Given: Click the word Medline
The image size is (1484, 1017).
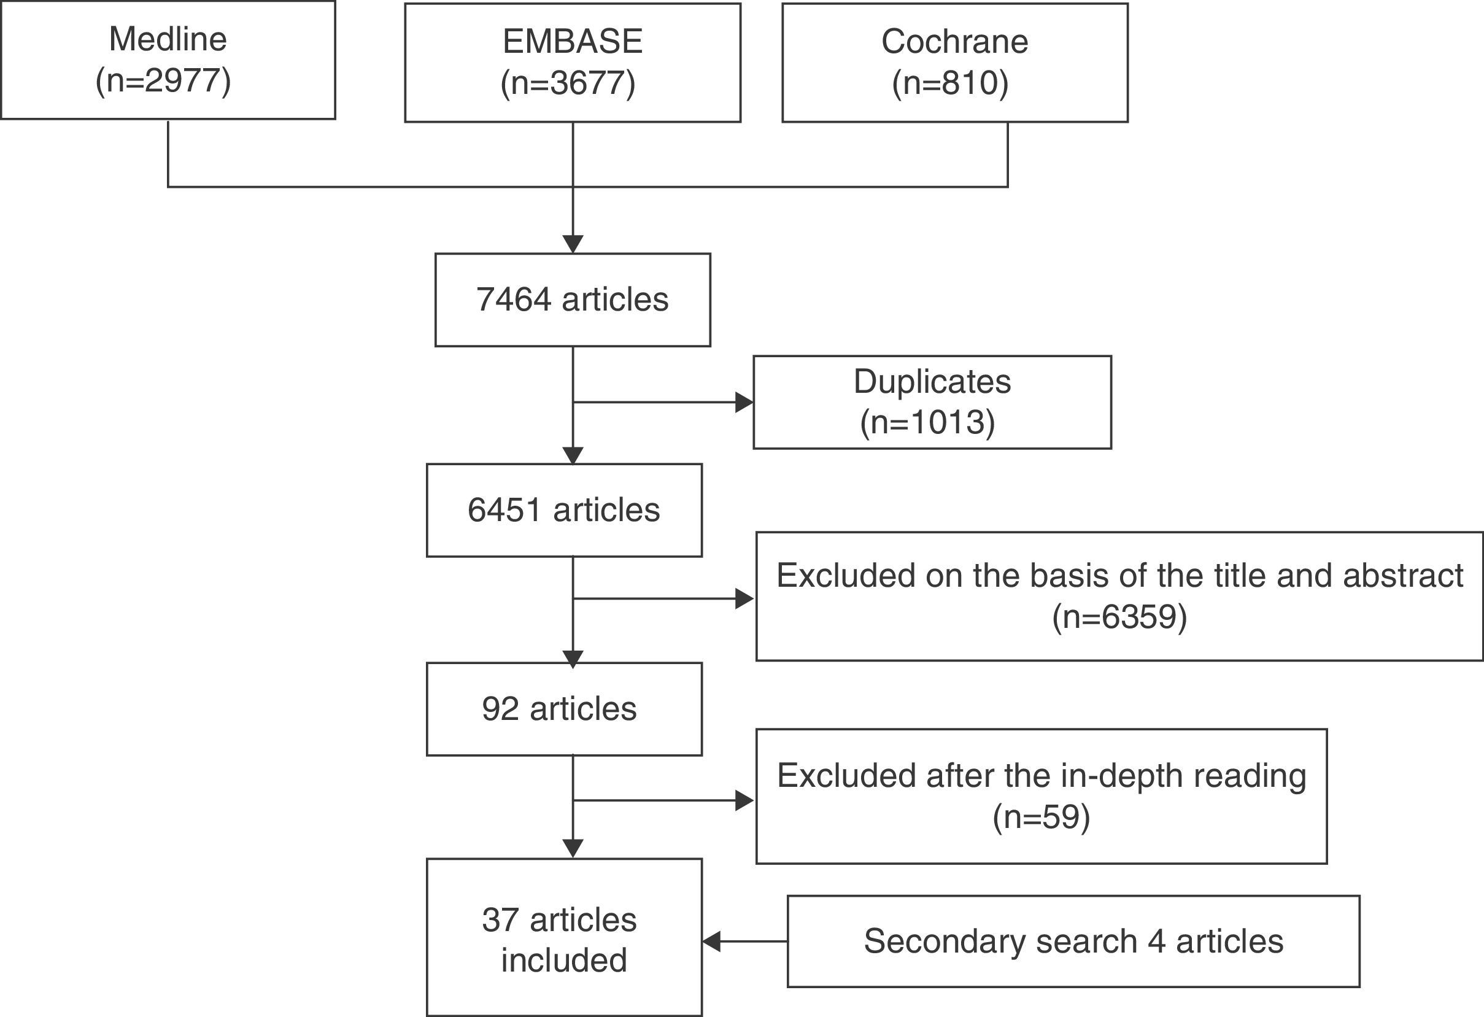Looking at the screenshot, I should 168,39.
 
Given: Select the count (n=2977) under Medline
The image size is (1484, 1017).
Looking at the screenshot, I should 163,81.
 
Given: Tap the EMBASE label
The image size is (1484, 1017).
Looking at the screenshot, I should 572,42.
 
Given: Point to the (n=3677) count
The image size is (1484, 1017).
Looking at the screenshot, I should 568,83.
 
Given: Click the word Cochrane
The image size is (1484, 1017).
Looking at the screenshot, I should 954,42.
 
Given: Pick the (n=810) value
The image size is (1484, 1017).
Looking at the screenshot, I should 950,83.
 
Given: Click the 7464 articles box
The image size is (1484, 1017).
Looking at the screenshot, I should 572,300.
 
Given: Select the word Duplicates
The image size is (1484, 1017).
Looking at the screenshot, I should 932,382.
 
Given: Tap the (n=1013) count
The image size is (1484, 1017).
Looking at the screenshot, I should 927,423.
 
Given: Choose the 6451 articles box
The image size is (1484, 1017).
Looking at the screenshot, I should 564,510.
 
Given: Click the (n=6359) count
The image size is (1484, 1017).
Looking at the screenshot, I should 1119,617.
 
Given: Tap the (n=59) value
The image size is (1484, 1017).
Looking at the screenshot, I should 1041,817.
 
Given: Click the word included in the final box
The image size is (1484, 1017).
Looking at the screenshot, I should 564,960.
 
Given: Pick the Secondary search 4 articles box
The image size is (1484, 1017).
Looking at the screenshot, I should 1073,941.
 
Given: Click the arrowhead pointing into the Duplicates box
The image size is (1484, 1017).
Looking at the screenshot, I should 744,403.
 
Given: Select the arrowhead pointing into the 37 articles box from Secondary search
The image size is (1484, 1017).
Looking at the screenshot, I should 712,941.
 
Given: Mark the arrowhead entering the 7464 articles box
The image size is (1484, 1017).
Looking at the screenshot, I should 573,244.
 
